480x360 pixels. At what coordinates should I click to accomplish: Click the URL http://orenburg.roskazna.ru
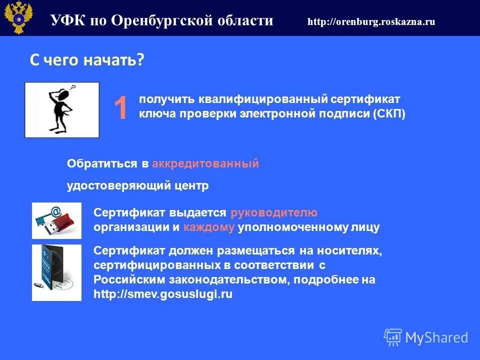tap(371, 21)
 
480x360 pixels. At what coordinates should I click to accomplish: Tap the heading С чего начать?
tap(87, 60)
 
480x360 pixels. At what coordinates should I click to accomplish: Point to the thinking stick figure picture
tap(62, 110)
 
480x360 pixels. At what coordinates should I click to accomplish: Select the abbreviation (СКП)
tap(389, 114)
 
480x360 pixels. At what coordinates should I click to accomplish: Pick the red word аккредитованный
tap(205, 163)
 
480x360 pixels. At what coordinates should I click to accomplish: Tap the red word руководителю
tap(274, 212)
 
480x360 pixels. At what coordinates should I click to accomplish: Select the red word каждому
tap(209, 227)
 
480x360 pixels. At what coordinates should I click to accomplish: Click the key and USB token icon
tap(56, 220)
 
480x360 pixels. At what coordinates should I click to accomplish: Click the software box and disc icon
tap(56, 272)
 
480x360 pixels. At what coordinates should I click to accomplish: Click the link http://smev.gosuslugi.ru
tap(163, 294)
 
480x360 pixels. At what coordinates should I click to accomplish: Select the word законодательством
tap(228, 279)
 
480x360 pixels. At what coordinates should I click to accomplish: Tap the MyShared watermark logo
tap(426, 337)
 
